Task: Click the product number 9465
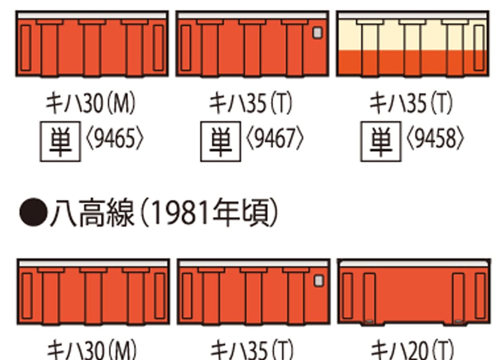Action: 115,139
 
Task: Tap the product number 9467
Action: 275,139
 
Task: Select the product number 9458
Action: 435,139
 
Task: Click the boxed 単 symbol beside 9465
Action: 60,141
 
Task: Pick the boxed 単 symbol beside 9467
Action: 220,141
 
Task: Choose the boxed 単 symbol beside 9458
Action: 381,141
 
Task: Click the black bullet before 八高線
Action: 33,212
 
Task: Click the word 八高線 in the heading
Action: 92,213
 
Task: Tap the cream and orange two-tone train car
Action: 413,44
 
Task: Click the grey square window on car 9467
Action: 317,33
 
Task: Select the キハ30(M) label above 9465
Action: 91,103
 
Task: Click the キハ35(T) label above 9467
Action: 251,103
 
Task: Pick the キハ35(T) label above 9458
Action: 411,103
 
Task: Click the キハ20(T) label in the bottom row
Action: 412,350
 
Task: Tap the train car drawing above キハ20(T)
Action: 414,292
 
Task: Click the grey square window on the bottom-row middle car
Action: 319,280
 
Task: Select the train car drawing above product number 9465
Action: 92,44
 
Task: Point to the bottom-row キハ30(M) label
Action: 92,350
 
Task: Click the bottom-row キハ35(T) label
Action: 252,350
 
